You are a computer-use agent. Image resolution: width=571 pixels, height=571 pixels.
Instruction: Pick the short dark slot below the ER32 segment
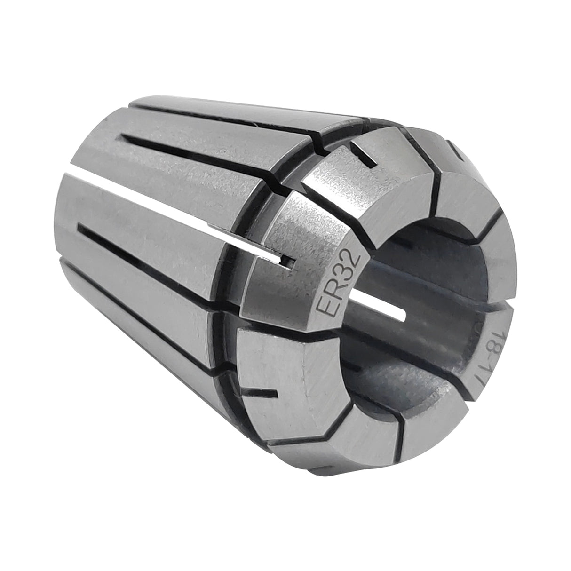point(263,392)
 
